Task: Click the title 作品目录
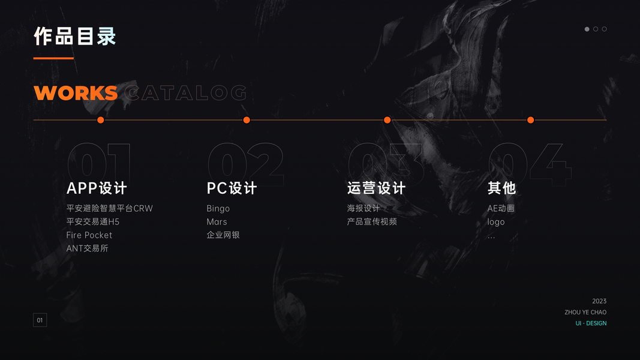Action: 75,37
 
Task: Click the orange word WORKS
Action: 76,93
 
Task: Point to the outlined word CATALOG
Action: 187,93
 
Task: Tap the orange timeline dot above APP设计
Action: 101,120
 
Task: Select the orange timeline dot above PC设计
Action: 247,120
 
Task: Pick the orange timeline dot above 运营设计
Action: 387,120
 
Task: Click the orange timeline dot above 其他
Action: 531,120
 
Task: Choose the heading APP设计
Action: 97,188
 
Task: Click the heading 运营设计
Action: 376,188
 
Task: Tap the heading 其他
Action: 501,188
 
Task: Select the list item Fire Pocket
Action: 89,235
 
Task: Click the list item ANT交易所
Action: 88,248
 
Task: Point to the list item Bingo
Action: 218,209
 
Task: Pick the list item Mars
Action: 217,222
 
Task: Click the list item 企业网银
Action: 223,235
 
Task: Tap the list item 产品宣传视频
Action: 372,222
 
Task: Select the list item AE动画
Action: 501,209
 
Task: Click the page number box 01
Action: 40,320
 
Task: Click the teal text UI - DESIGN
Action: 591,323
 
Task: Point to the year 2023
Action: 599,301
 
